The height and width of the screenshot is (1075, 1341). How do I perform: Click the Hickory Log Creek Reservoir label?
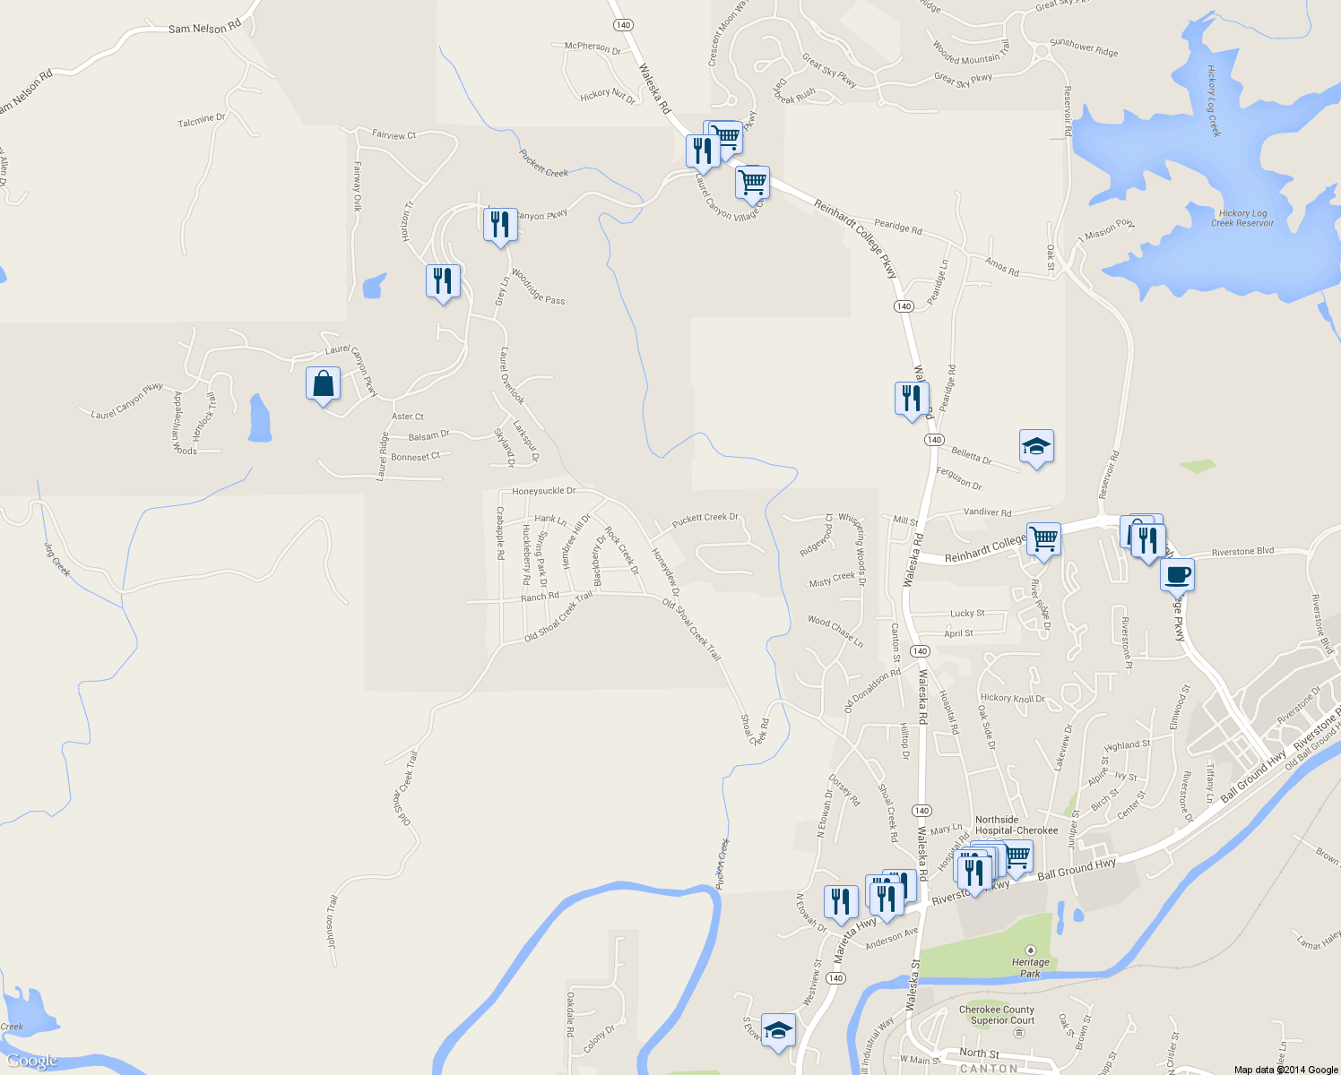(1242, 218)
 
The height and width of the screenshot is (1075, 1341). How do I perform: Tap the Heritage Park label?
(1031, 967)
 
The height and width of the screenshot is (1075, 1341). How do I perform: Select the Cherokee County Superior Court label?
(996, 1015)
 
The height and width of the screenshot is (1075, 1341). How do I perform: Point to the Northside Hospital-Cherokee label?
(1016, 825)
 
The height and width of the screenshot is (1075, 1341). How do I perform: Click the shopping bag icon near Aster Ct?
(323, 384)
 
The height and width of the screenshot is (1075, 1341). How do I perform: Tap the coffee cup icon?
(1177, 574)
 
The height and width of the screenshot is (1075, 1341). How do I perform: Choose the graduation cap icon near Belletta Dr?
(1036, 446)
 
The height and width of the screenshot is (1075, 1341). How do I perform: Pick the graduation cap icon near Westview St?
(778, 1030)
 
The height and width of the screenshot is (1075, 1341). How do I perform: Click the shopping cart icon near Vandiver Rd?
(1043, 540)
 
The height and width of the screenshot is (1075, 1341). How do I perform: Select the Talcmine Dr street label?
(202, 119)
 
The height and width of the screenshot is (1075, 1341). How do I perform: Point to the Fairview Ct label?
(394, 135)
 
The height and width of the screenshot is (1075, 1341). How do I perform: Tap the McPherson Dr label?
(593, 47)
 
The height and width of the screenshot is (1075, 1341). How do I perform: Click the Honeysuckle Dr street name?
(544, 491)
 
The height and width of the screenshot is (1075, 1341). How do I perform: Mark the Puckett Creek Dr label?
(705, 518)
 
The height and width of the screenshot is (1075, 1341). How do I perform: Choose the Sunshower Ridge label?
(1084, 47)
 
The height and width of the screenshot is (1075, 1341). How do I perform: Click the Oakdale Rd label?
(571, 1013)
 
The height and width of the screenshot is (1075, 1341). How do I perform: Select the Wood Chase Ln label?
(835, 631)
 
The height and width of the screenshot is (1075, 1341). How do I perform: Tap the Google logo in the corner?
(32, 1062)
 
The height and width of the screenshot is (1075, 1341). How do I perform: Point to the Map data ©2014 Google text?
(1285, 1070)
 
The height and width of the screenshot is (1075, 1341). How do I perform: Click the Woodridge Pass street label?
(539, 287)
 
